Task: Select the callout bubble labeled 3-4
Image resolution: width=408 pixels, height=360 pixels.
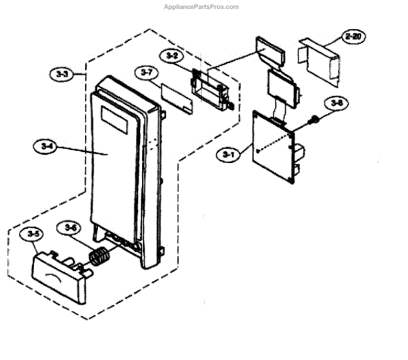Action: (x=43, y=144)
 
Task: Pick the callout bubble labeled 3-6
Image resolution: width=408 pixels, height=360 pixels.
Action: (x=68, y=228)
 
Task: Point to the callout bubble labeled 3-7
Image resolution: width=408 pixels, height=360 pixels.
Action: (x=144, y=71)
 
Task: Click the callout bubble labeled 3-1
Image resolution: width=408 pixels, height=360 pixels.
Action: (x=228, y=155)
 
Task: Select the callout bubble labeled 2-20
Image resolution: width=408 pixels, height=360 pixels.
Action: (x=352, y=38)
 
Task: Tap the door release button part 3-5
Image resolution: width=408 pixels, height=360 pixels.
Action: (x=60, y=274)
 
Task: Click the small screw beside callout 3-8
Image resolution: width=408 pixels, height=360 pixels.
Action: (x=315, y=120)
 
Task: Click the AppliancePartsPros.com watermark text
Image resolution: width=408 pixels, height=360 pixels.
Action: (x=202, y=7)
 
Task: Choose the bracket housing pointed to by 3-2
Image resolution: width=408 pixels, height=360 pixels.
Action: (x=213, y=86)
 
